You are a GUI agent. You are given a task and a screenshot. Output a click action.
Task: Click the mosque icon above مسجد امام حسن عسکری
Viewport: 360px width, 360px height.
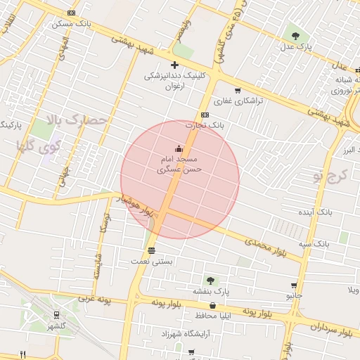(179, 148)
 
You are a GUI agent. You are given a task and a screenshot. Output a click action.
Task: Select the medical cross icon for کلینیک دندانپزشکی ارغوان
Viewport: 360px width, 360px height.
(174, 65)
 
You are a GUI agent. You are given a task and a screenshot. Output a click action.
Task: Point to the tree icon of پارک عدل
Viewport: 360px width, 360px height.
(295, 36)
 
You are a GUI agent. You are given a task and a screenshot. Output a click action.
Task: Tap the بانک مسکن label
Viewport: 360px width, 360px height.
(72, 24)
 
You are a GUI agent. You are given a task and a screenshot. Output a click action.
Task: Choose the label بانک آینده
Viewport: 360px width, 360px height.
(314, 211)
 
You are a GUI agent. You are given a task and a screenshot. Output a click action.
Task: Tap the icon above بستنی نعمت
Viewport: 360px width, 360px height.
(151, 251)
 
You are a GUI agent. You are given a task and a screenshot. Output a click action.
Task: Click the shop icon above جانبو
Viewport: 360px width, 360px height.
(294, 285)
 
